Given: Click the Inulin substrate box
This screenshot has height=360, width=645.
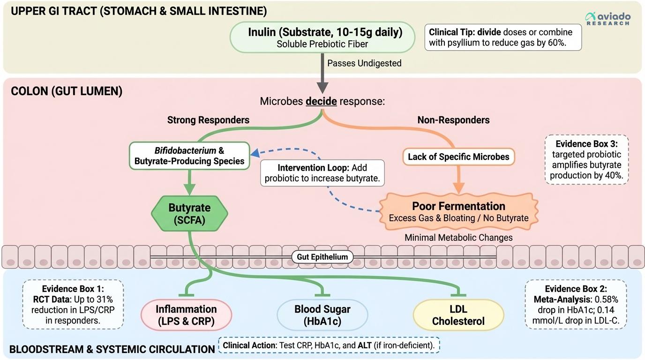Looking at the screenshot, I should click(322, 37).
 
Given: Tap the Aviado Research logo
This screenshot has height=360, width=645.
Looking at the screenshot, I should click(607, 19).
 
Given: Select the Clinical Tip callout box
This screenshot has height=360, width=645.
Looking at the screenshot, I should click(502, 37).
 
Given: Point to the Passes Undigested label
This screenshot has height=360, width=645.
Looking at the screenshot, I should click(364, 63).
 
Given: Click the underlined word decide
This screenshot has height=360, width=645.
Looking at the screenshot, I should click(321, 101).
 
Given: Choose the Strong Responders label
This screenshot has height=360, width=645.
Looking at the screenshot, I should click(208, 120).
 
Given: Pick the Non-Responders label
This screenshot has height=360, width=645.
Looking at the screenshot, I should click(453, 120).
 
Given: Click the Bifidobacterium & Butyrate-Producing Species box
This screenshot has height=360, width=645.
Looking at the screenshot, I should click(189, 156).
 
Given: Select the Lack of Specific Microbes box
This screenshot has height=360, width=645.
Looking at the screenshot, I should click(458, 157).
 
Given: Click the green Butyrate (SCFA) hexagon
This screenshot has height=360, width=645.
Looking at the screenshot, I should click(189, 213).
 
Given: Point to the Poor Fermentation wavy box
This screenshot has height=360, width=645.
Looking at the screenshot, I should click(458, 212).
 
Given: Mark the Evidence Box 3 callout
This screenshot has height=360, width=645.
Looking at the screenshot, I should click(586, 159).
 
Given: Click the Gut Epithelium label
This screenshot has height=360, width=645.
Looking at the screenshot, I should click(322, 257).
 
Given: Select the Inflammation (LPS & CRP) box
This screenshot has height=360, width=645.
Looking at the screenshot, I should click(186, 315).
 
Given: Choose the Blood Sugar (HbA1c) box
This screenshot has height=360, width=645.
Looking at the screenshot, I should click(322, 315).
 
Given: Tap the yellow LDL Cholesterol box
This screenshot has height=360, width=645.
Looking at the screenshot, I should click(458, 315).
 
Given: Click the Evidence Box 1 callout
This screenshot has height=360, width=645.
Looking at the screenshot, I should click(73, 304).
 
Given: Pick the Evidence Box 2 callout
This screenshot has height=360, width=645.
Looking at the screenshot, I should click(576, 304).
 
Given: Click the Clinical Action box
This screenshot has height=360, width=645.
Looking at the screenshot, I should click(329, 345).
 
